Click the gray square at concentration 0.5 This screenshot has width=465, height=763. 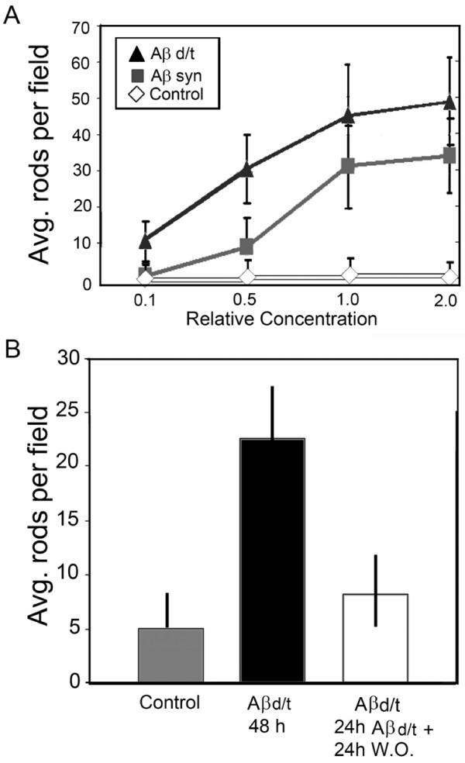tap(247, 247)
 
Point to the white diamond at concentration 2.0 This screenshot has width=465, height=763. tap(449, 277)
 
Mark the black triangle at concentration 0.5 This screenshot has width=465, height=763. tap(247, 169)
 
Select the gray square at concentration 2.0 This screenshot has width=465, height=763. tap(449, 156)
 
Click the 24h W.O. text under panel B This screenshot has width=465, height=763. tap(377, 744)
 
